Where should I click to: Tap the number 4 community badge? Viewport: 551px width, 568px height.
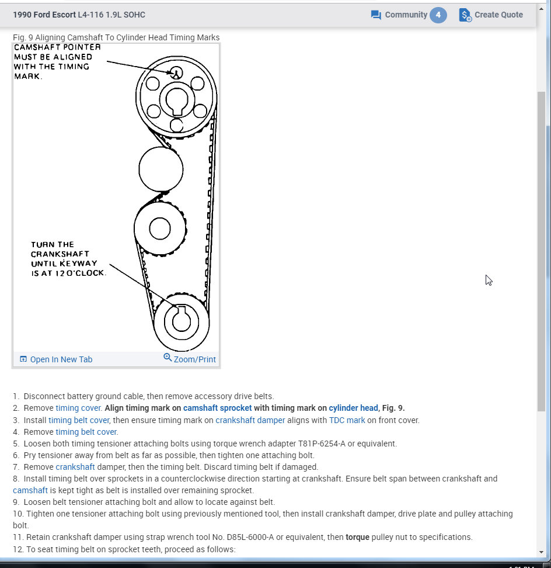(x=438, y=15)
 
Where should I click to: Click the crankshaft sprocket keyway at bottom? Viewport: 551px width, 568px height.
(x=181, y=310)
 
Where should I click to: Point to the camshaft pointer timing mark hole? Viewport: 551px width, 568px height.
(x=176, y=72)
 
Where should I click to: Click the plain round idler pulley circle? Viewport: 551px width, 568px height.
(x=161, y=169)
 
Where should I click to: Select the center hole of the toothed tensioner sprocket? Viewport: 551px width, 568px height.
(x=159, y=228)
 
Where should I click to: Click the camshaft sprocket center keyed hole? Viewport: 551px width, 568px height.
(x=176, y=101)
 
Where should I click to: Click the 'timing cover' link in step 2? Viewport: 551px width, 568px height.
(x=79, y=408)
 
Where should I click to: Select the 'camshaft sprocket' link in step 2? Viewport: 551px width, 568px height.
(x=217, y=408)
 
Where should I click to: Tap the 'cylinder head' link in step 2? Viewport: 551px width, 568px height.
(x=353, y=408)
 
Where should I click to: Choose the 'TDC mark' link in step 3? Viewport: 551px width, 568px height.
(x=348, y=420)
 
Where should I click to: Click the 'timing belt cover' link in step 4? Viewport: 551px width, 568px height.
(x=86, y=432)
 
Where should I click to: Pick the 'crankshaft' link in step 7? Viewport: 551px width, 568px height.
(x=75, y=467)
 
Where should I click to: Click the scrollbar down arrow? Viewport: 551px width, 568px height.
(x=541, y=552)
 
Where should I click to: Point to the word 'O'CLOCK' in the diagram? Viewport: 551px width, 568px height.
(x=86, y=273)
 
